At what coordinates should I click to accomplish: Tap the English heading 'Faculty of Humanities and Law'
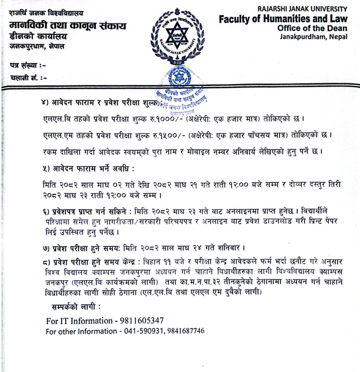point(283,19)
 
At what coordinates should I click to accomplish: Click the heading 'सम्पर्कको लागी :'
point(75,306)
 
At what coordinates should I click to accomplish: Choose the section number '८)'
point(45,260)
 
